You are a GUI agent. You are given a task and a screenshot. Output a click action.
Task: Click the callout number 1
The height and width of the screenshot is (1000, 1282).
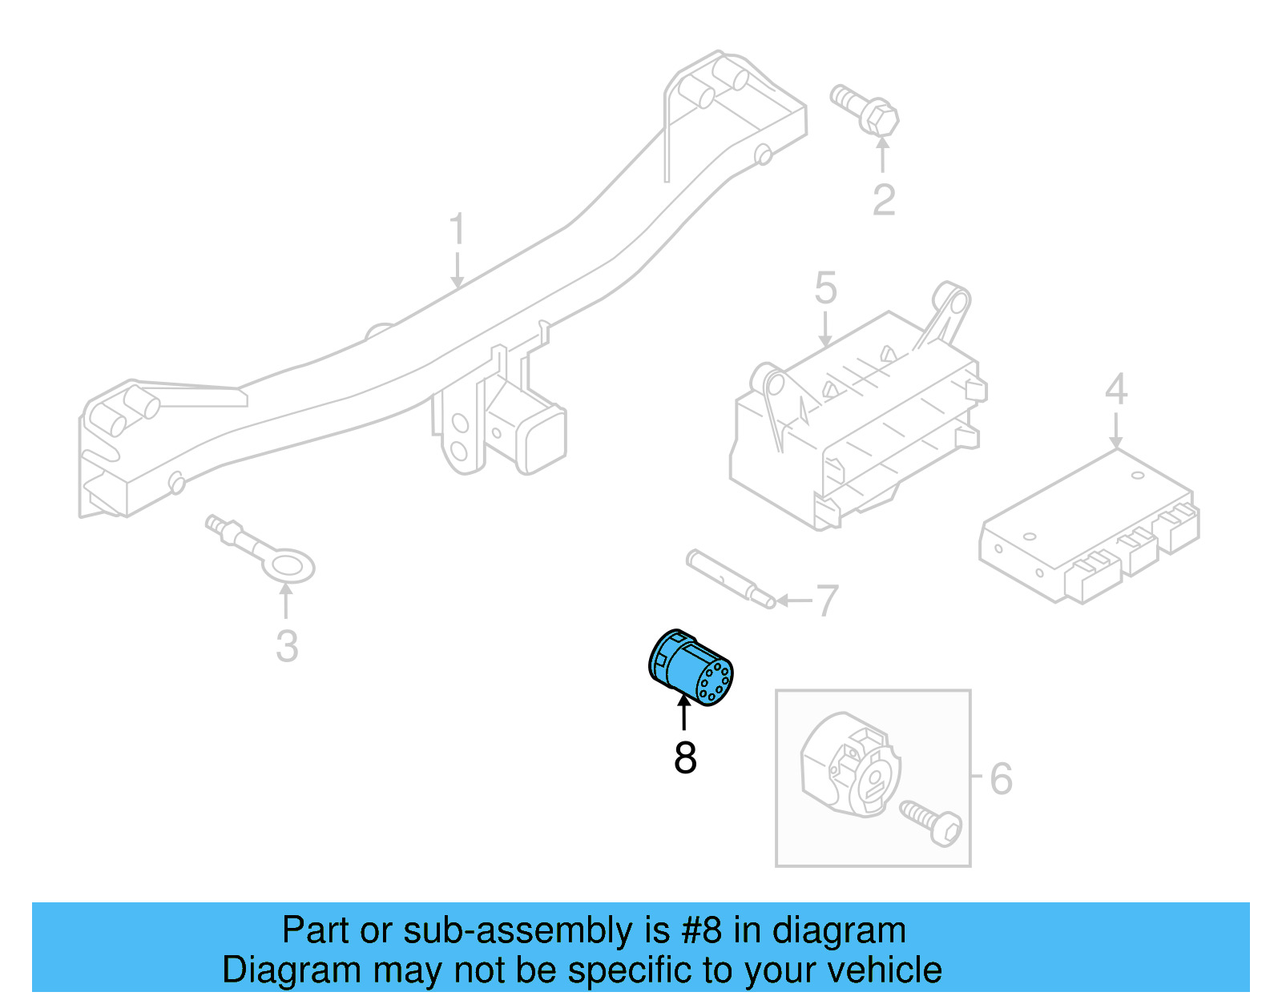tap(457, 230)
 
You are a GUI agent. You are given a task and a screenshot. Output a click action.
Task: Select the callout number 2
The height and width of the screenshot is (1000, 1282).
tap(883, 200)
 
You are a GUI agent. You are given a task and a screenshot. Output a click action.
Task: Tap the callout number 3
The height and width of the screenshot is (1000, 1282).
tap(287, 646)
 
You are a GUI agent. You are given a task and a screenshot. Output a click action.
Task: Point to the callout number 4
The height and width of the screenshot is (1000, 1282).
tap(1116, 390)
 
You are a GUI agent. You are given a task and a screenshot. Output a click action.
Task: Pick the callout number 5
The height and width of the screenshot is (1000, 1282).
tap(825, 288)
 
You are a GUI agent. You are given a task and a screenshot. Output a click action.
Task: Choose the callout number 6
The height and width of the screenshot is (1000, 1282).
tap(1001, 778)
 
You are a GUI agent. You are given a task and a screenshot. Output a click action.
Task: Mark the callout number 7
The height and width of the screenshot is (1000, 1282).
tap(826, 600)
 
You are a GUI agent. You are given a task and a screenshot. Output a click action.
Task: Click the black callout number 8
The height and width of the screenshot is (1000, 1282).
tap(685, 757)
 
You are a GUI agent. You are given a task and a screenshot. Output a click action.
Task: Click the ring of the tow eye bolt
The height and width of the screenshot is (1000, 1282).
tap(288, 566)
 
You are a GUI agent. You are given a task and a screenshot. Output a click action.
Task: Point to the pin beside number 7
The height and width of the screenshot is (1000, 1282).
tap(729, 578)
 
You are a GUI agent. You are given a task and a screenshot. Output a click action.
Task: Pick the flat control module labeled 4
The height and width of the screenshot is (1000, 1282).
tap(1090, 524)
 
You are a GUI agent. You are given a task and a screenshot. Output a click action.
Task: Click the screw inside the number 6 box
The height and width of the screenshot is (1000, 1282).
tap(933, 823)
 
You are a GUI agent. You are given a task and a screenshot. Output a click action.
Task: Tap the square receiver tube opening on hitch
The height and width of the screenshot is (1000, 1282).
tap(544, 440)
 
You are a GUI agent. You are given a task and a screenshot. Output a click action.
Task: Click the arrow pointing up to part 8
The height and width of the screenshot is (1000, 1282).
tap(683, 712)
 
